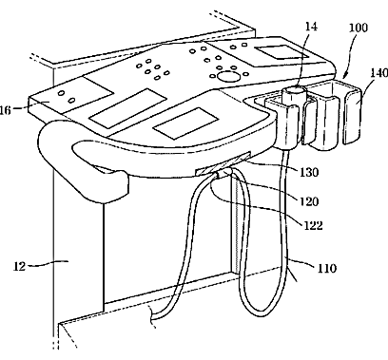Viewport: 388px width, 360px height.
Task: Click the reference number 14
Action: click(x=311, y=27)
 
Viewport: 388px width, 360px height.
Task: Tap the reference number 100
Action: click(x=359, y=28)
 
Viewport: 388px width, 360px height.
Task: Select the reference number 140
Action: click(x=379, y=73)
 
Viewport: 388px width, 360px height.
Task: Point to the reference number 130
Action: click(x=309, y=172)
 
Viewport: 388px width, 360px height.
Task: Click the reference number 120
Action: click(x=309, y=201)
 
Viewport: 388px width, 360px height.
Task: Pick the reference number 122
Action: click(x=313, y=225)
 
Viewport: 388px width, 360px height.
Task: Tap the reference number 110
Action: click(x=327, y=269)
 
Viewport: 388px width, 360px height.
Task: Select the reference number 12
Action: click(x=19, y=266)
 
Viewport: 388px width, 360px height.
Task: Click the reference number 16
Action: click(x=6, y=110)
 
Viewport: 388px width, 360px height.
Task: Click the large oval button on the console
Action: click(x=226, y=76)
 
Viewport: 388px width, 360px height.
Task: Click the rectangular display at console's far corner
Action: click(x=281, y=52)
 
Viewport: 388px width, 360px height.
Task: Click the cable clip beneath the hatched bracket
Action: click(x=224, y=173)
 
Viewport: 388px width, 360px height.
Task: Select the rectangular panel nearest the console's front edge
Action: click(x=185, y=123)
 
